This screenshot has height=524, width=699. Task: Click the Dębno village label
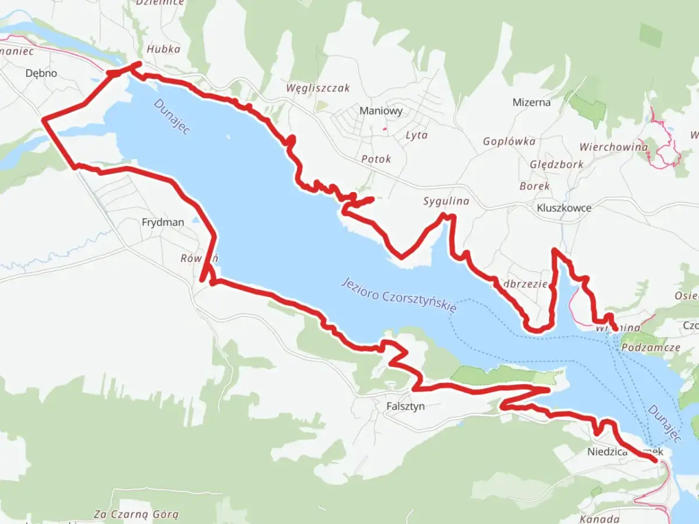tap(41, 73)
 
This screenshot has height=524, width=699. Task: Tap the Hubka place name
tap(163, 49)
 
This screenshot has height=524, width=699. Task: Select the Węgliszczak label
tap(318, 88)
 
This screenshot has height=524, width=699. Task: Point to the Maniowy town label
tap(381, 111)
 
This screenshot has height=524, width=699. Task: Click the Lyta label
tap(416, 135)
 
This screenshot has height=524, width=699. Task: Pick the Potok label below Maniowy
tap(376, 159)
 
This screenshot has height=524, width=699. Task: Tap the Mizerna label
tap(531, 102)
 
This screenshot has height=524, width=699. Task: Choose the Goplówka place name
tap(509, 141)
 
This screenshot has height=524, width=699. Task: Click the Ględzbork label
tap(556, 164)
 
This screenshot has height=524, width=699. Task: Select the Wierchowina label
tap(613, 147)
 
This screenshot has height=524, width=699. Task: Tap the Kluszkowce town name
tap(564, 208)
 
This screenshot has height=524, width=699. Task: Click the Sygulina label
tap(446, 201)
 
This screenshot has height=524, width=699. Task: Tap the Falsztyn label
tap(405, 406)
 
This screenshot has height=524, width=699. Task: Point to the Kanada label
tap(599, 518)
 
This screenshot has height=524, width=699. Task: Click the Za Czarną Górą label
tap(136, 514)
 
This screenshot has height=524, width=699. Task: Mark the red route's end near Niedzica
tap(657, 461)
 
